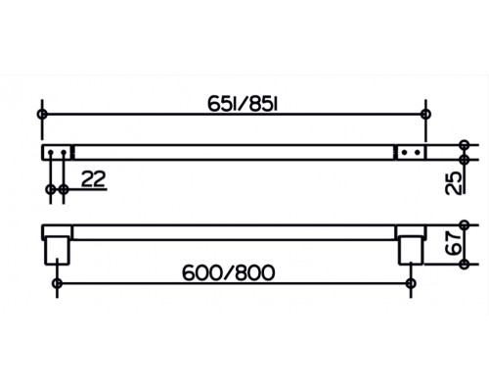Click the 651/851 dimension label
(x=243, y=105)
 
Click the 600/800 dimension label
(x=229, y=273)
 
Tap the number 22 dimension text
(x=94, y=179)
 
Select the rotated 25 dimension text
(x=454, y=183)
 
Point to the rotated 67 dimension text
(x=454, y=243)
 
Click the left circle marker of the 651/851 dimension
(x=42, y=115)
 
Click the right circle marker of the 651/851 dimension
(x=425, y=115)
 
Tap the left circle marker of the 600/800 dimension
(x=58, y=283)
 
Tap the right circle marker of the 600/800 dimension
(x=411, y=283)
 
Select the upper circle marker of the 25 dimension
(x=464, y=145)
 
